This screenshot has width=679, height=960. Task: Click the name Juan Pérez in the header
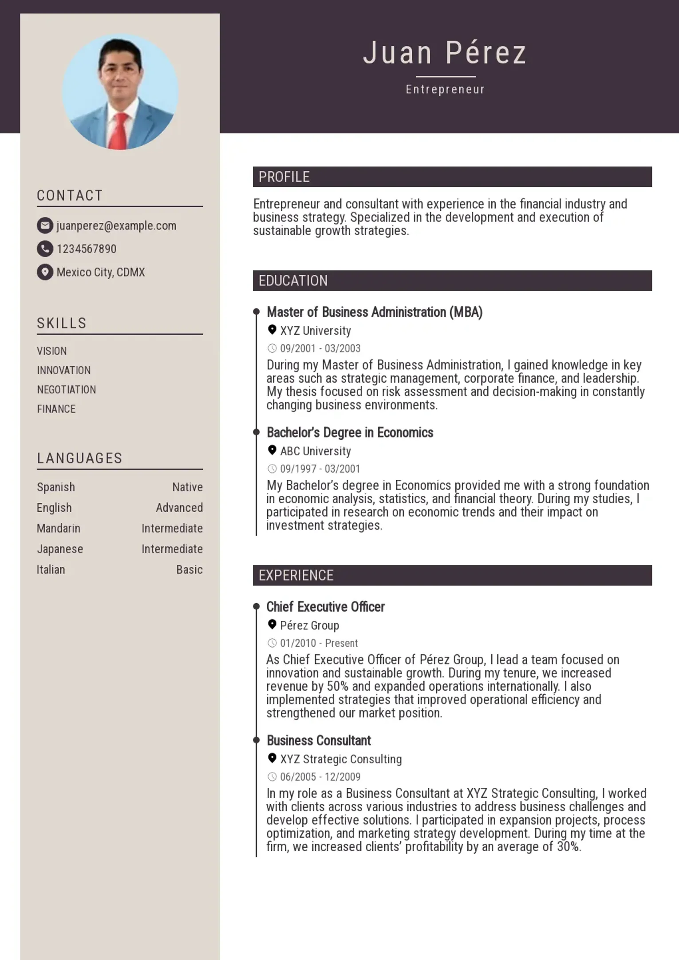(445, 53)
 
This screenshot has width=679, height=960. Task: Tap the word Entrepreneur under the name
(445, 89)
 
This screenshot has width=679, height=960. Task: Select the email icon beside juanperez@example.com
(45, 225)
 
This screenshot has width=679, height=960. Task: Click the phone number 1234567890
(87, 249)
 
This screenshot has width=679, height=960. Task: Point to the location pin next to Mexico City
(45, 272)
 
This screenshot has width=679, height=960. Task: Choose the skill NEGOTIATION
(67, 390)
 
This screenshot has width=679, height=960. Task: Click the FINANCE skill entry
(56, 409)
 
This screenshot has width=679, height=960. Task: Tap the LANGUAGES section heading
(79, 458)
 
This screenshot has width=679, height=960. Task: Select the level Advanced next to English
(179, 508)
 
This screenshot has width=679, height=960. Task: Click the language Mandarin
(59, 528)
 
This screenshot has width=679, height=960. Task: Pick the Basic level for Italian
(189, 569)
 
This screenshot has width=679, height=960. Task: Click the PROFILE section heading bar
(452, 177)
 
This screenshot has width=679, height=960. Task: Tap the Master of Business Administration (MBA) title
(374, 312)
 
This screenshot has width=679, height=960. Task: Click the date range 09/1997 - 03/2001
(320, 469)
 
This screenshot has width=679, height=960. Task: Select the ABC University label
(316, 451)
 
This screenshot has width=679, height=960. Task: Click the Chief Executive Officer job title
(325, 607)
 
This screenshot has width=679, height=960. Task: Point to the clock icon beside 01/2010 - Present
(272, 643)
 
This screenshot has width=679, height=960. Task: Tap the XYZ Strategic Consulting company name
(341, 759)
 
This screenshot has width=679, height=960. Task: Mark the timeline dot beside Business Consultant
(256, 740)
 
